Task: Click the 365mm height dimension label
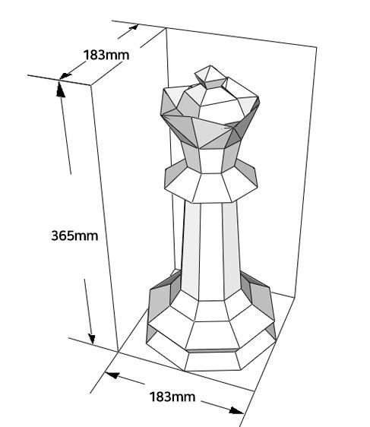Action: [x=74, y=236]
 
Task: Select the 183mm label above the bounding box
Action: [x=106, y=55]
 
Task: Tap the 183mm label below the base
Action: [x=172, y=397]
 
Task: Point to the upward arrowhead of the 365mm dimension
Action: [x=60, y=90]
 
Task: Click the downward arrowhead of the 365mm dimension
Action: [x=91, y=338]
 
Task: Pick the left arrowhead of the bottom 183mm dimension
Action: [x=112, y=375]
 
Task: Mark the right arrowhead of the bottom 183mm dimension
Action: [x=236, y=410]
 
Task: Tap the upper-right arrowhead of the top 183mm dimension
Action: [x=134, y=27]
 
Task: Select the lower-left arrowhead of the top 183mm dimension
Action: [x=65, y=76]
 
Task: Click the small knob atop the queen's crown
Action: [x=210, y=77]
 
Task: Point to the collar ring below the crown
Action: [x=211, y=182]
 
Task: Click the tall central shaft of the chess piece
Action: [x=210, y=251]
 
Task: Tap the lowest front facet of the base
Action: [x=213, y=362]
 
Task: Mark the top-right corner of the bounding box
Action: [x=316, y=47]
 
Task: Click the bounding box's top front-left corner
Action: [x=90, y=85]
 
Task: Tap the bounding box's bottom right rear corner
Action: [x=295, y=298]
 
